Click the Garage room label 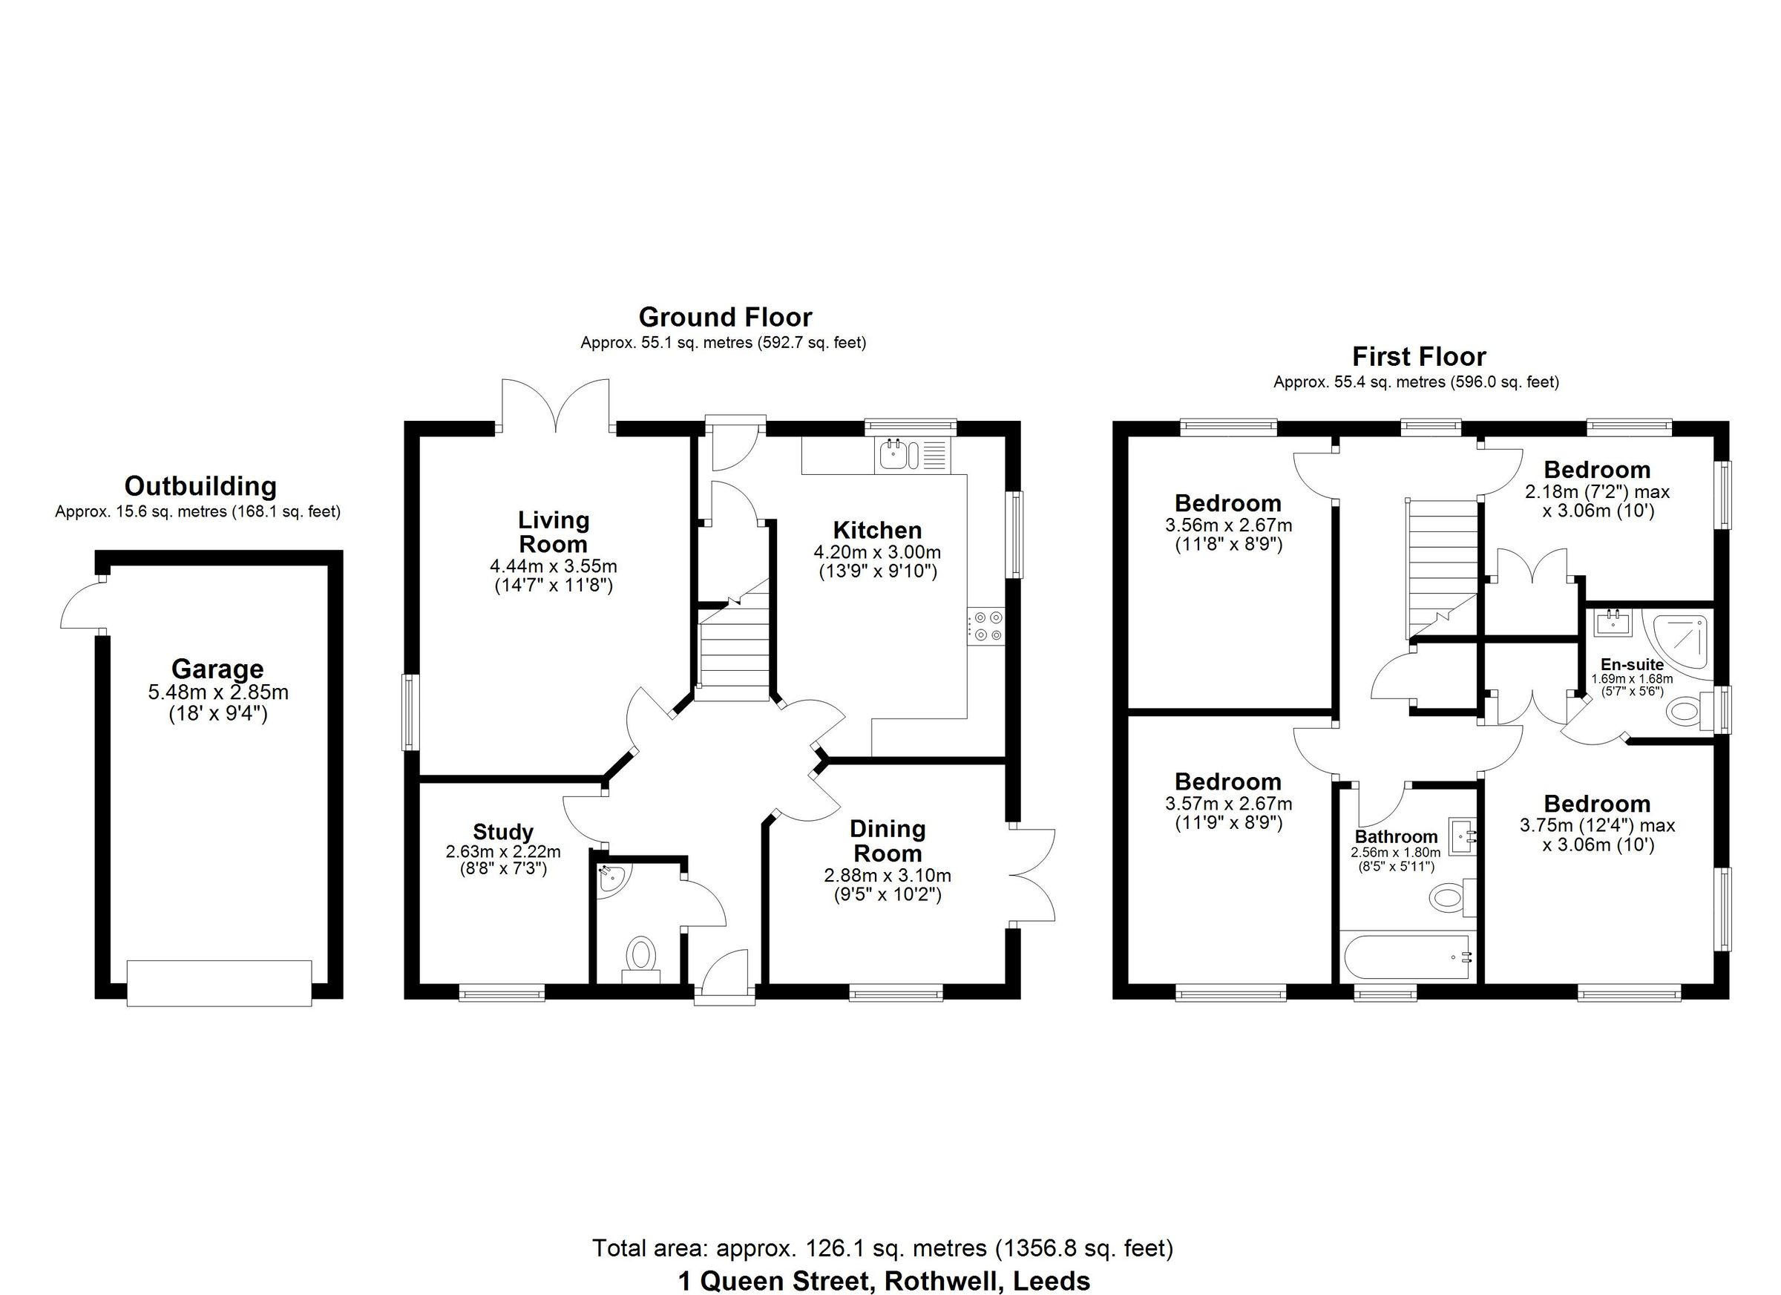click(217, 669)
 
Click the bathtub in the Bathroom click(1406, 957)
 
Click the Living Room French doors click(556, 407)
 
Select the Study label click(502, 832)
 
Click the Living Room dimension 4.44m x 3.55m click(553, 565)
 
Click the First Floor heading click(1418, 357)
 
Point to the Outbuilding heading click(200, 486)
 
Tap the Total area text click(882, 1248)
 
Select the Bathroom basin click(1462, 837)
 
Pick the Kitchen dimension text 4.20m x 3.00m click(877, 552)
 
